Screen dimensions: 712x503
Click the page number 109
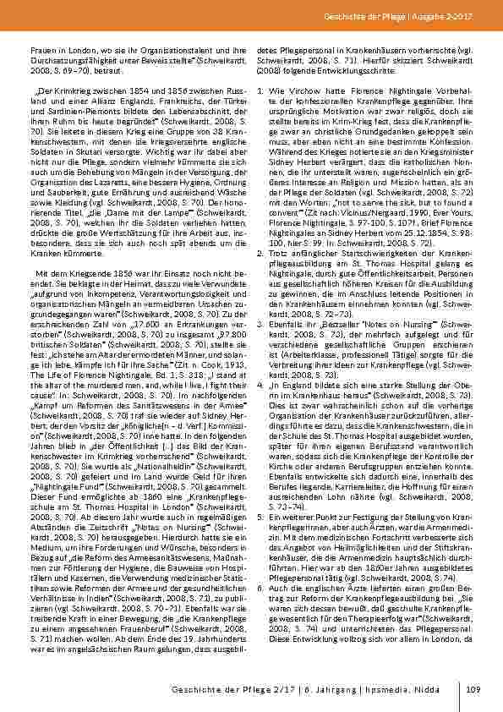473,691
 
